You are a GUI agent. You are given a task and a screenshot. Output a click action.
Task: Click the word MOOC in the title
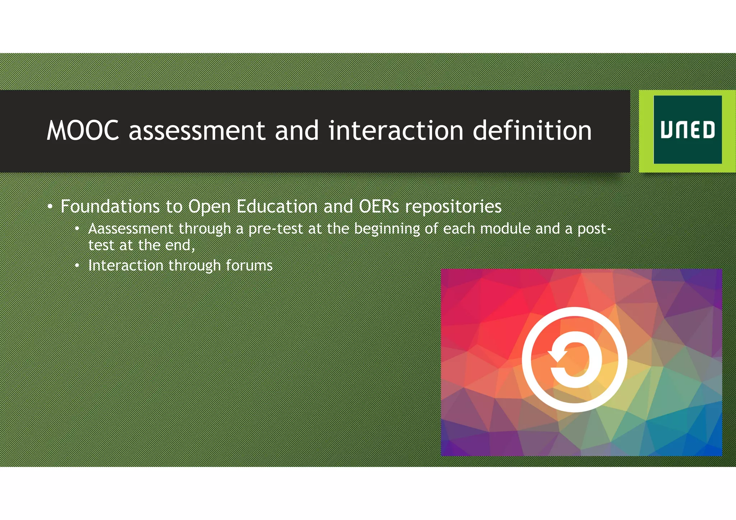[83, 130]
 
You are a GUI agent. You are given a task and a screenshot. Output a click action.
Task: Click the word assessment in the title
[197, 130]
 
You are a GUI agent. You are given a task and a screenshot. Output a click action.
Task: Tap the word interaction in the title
[396, 130]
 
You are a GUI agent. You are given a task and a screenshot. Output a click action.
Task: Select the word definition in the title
[532, 130]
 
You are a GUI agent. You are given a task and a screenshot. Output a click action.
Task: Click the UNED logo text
[687, 130]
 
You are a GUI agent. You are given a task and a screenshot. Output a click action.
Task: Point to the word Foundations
[110, 206]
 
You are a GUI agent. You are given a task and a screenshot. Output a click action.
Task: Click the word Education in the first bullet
[277, 206]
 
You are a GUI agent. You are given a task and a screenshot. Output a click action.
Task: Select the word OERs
[379, 206]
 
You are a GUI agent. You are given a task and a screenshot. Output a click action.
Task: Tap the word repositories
[453, 207]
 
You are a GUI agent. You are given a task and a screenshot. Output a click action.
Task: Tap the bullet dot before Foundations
[50, 207]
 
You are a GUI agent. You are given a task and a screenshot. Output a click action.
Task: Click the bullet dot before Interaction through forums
[77, 265]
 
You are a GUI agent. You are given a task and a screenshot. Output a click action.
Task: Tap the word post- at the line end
[594, 229]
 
